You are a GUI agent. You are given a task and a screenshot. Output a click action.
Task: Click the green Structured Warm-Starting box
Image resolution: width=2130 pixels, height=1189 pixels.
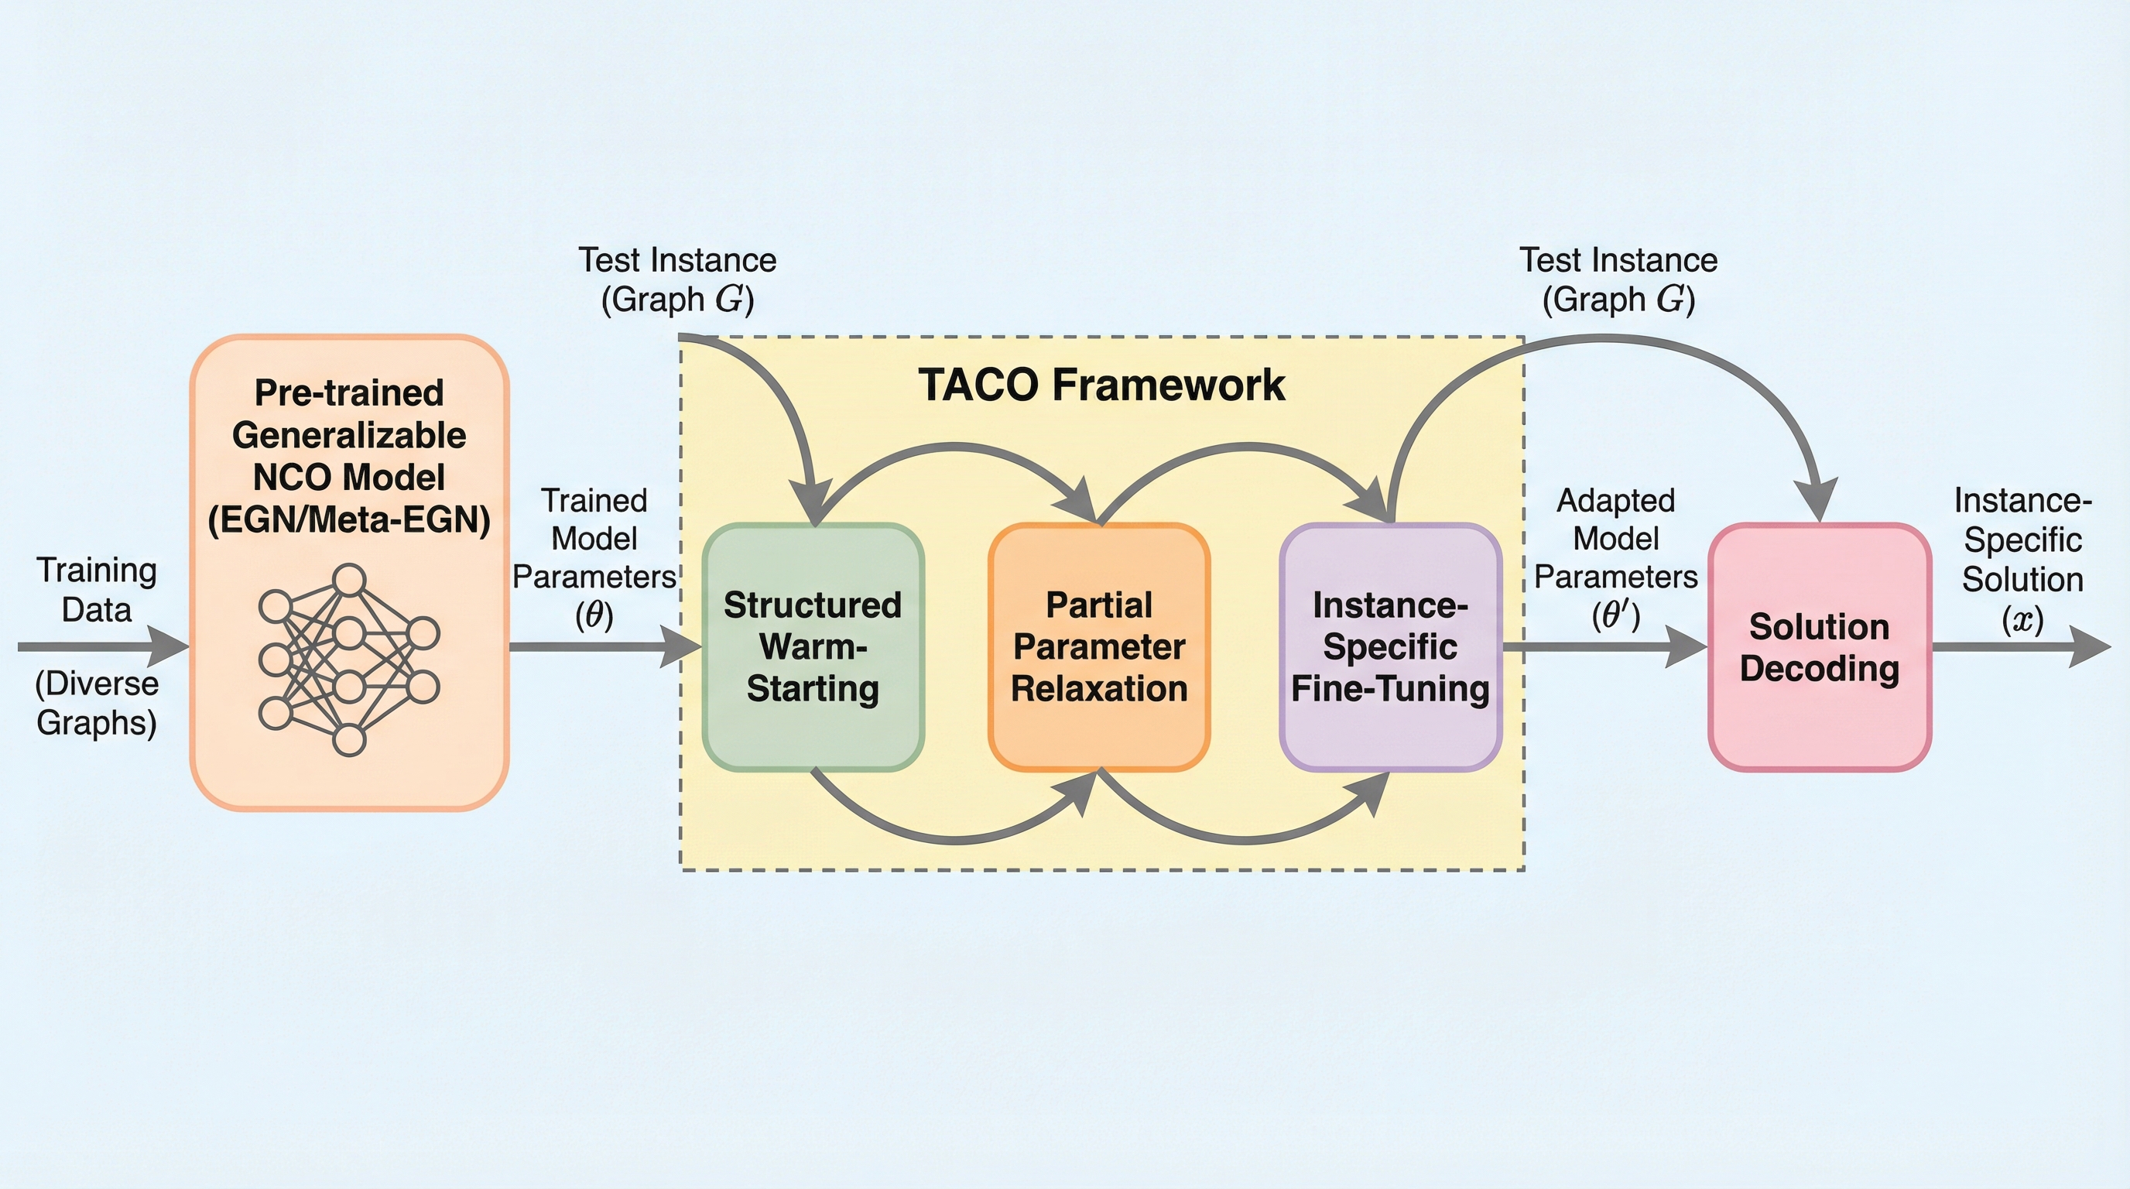[813, 646]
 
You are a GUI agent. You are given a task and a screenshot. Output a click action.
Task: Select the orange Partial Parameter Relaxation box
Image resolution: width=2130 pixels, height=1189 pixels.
[1099, 646]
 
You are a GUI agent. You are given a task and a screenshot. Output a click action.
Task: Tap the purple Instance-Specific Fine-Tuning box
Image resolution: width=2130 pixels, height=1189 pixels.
[1390, 646]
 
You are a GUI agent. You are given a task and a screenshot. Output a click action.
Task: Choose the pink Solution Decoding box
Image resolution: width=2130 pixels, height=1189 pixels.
[1819, 647]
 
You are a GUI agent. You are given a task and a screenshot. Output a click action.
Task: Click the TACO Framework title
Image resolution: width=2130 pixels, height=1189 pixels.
[1101, 385]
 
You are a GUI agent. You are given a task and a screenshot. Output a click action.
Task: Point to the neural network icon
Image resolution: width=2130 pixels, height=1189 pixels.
[349, 660]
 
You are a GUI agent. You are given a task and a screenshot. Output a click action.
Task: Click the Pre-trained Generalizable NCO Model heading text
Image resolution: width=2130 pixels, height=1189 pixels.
[349, 435]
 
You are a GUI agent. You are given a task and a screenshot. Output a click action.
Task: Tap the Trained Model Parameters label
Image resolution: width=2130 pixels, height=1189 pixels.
[594, 539]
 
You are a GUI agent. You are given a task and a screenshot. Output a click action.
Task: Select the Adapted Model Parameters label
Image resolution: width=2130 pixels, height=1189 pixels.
[1616, 539]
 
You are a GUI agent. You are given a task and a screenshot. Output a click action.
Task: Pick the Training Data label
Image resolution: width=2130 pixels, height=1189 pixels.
[97, 590]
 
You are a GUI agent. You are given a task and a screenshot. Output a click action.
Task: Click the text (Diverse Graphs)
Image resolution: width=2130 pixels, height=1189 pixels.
[97, 703]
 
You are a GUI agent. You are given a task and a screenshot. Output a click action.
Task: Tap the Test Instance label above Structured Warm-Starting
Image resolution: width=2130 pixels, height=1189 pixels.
[677, 279]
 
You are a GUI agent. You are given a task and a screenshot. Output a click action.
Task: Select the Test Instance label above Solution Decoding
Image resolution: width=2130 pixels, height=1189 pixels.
[1618, 279]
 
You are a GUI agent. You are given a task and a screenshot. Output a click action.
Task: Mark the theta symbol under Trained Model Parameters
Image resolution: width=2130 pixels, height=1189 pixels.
[594, 615]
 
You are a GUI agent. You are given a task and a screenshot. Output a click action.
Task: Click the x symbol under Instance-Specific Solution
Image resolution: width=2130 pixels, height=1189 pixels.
[2022, 619]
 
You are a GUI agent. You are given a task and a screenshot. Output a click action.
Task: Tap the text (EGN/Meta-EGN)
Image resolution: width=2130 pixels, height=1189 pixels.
[349, 520]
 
